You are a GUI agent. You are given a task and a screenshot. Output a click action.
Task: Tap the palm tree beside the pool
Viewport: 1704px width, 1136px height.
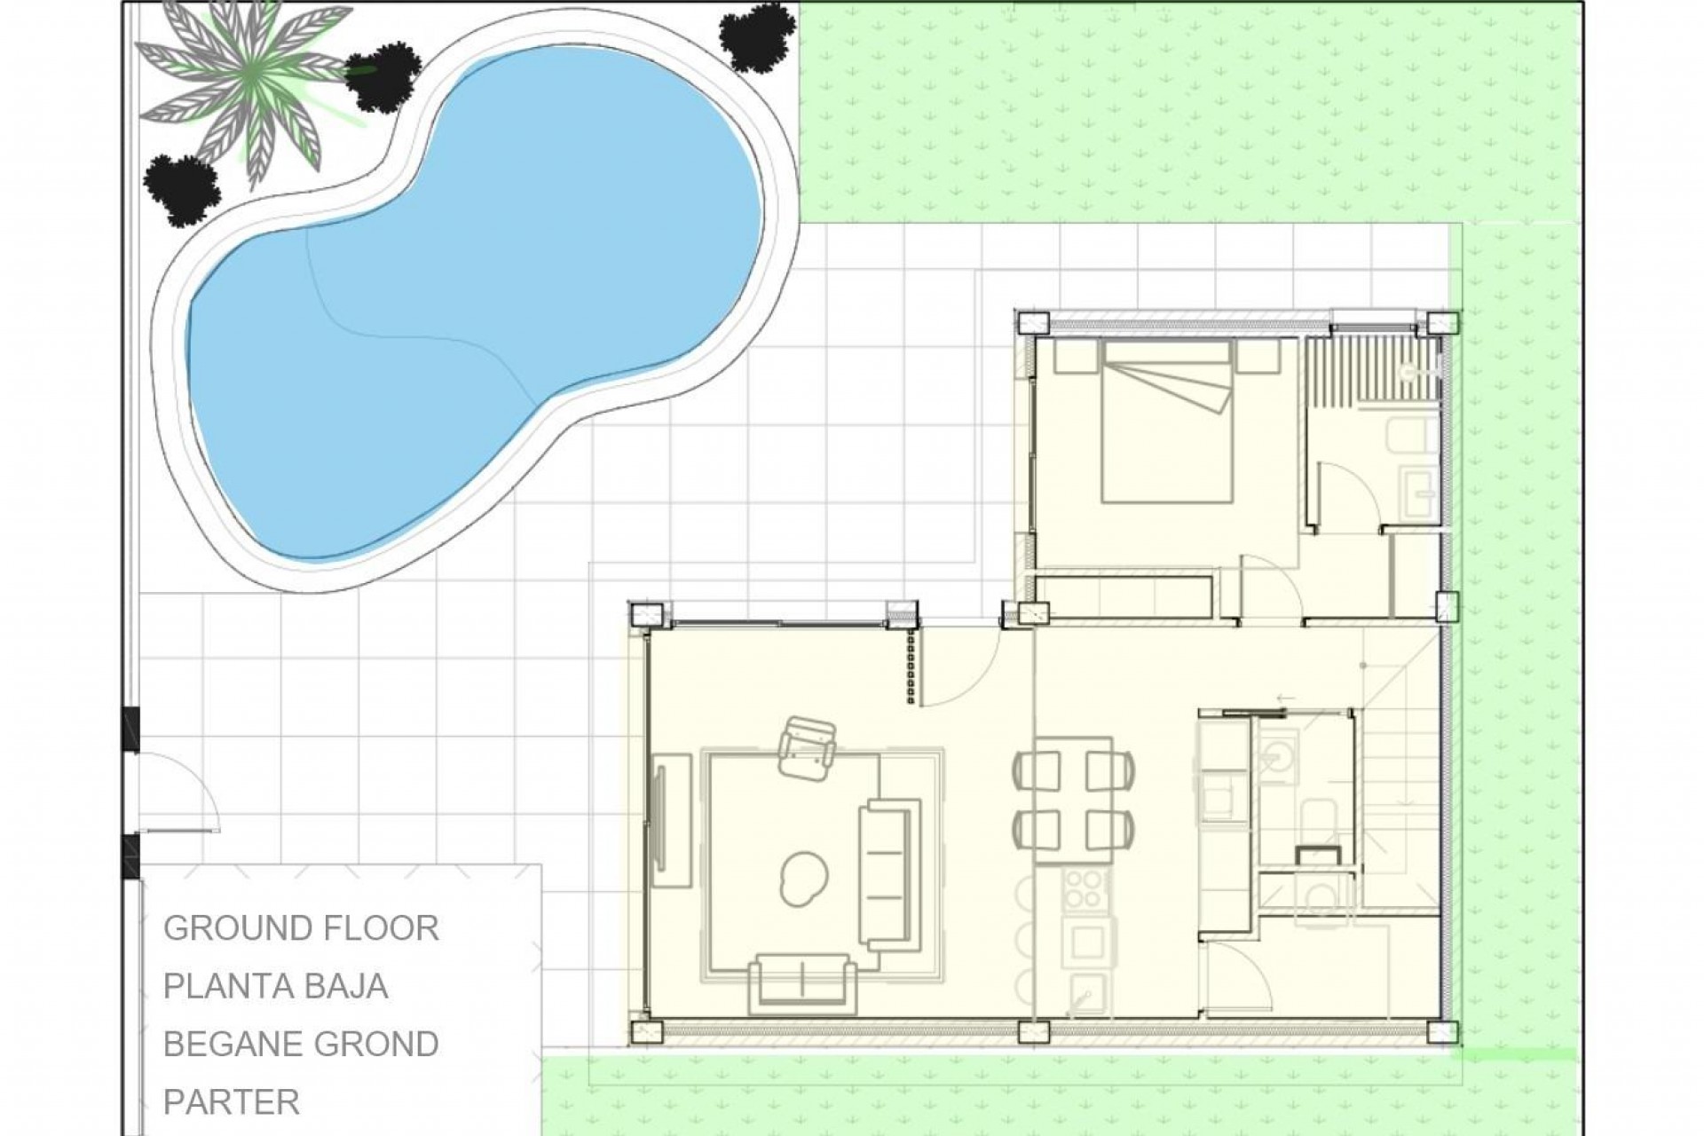tap(253, 93)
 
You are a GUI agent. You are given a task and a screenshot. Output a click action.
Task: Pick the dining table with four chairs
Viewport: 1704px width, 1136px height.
tap(1073, 799)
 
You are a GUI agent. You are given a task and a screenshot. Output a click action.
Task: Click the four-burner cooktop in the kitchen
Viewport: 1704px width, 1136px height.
tap(1082, 887)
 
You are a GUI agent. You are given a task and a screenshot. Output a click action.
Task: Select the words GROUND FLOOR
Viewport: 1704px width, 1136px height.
tap(301, 928)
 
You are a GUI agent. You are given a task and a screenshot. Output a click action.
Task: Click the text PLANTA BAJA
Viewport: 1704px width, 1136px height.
tap(275, 986)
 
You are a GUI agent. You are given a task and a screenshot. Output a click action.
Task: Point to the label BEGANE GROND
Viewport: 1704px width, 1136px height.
tap(301, 1045)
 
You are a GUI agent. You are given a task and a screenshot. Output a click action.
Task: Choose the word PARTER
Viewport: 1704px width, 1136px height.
tap(232, 1102)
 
